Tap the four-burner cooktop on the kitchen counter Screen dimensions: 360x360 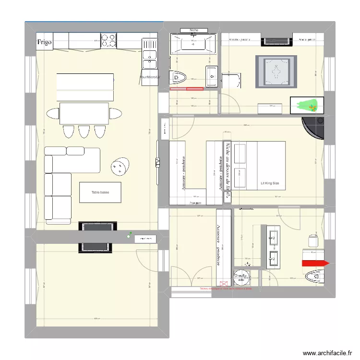(x=108, y=40)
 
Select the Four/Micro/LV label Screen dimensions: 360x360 (x=150, y=76)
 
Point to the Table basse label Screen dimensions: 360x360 (x=100, y=192)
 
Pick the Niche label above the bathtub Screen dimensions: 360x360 (x=194, y=30)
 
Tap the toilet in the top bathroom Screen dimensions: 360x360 (x=180, y=77)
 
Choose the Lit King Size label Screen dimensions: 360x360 (x=269, y=183)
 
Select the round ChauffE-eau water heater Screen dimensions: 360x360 (x=240, y=276)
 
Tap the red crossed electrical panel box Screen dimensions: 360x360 (x=223, y=284)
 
